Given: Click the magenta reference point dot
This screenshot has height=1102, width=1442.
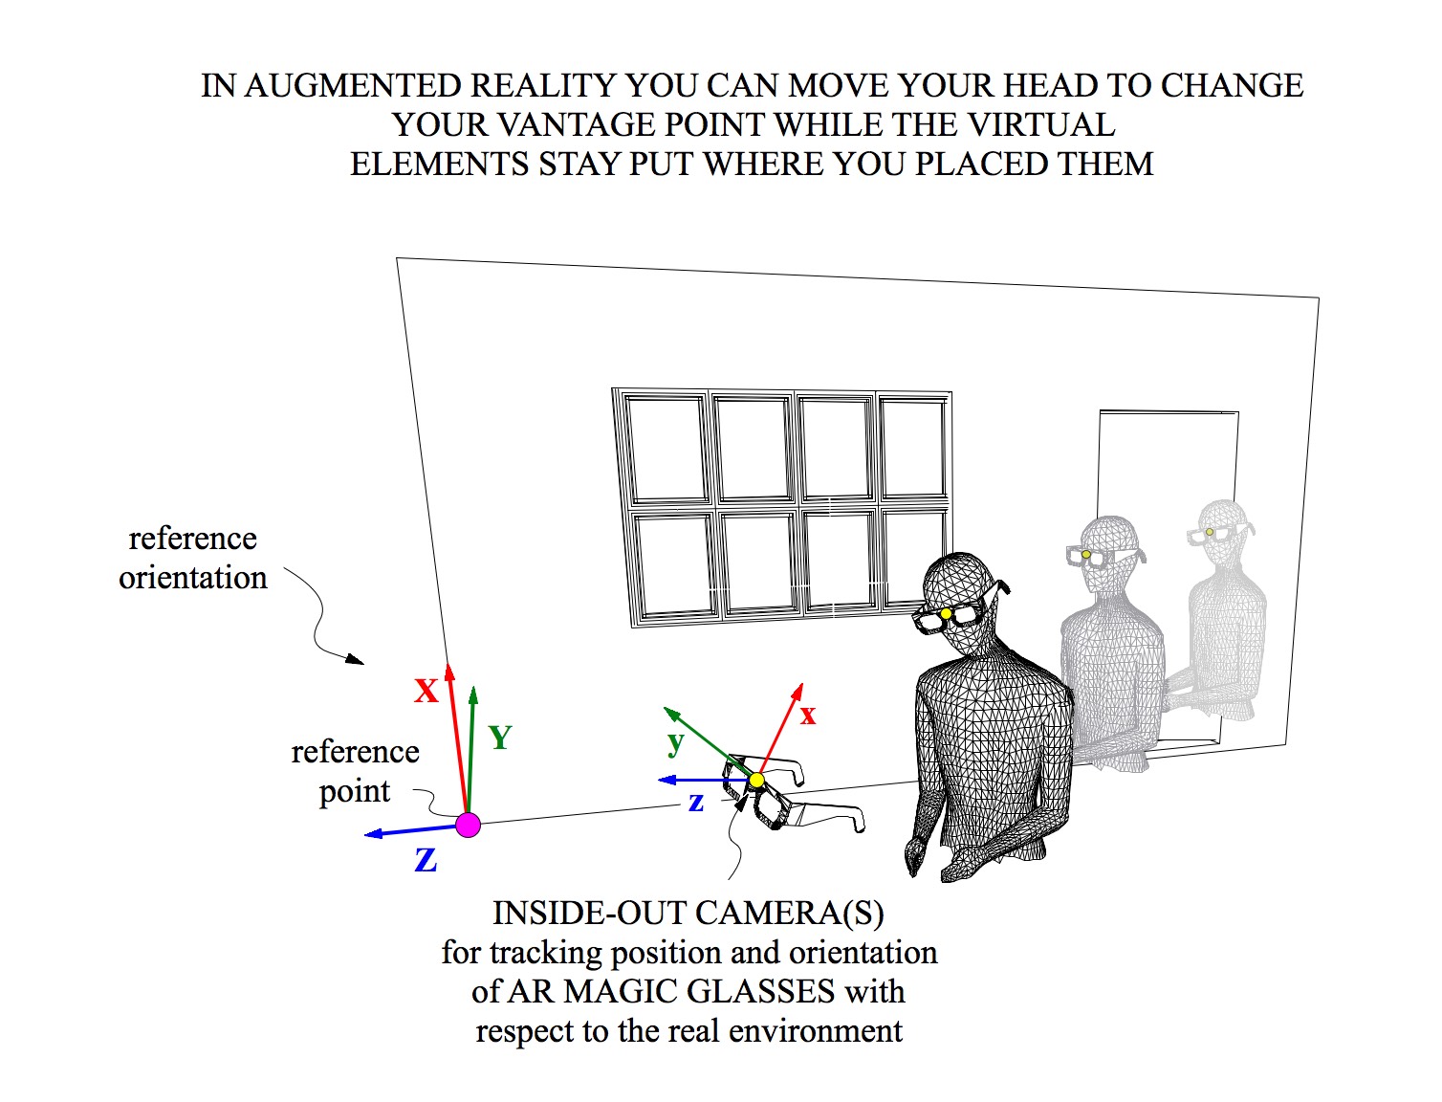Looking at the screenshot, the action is [x=468, y=825].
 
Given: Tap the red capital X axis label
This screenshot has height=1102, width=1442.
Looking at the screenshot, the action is [x=426, y=691].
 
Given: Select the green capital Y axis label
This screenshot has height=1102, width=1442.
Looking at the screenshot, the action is [x=500, y=738].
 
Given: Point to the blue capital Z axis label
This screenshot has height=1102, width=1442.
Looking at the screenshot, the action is [x=426, y=861].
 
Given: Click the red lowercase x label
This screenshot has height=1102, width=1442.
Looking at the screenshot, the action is [x=808, y=715].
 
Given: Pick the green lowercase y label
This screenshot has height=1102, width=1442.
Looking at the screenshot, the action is [x=676, y=741].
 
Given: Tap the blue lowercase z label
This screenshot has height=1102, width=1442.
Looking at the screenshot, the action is [x=696, y=803].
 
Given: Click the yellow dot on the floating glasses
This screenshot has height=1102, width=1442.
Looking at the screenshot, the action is [x=756, y=781].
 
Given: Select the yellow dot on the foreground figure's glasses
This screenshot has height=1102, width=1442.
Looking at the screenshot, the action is [x=946, y=614].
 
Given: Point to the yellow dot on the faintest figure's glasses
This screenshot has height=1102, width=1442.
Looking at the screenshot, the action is [x=1210, y=532].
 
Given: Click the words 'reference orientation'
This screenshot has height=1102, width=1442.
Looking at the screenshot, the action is [x=192, y=558].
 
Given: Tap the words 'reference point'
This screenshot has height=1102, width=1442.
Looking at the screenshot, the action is [x=355, y=771].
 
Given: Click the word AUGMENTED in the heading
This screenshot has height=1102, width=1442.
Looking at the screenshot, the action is [x=353, y=86].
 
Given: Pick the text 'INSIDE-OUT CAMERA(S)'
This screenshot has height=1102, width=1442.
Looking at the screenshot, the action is [x=688, y=914].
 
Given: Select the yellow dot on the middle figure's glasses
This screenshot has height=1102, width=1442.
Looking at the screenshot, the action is [x=1086, y=555].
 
